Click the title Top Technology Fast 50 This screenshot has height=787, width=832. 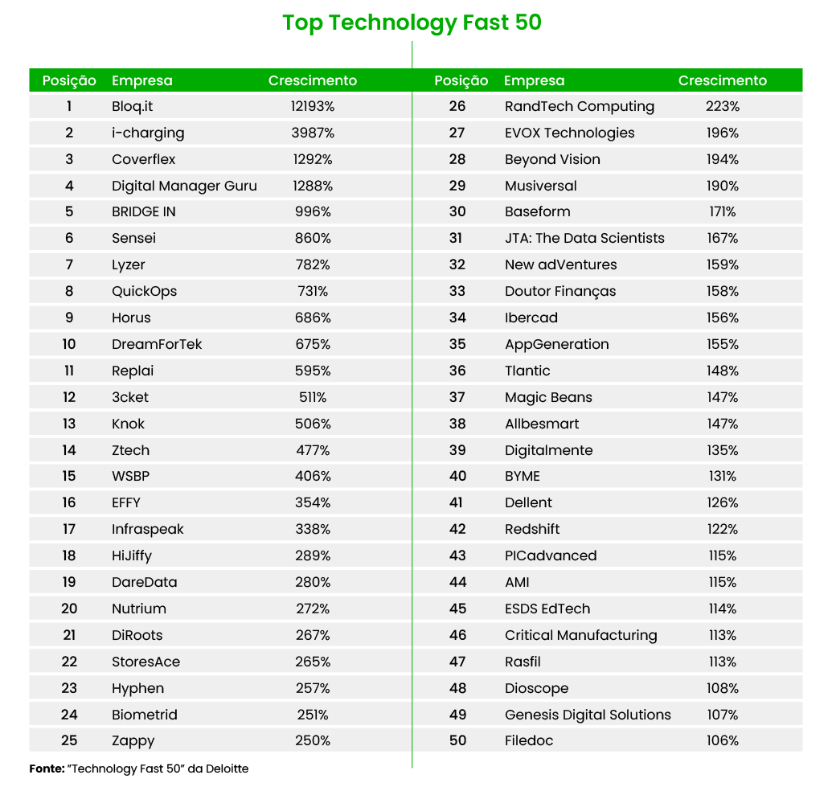pyautogui.click(x=412, y=23)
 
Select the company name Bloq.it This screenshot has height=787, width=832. pyautogui.click(x=132, y=106)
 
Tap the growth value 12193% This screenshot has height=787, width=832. pyautogui.click(x=313, y=106)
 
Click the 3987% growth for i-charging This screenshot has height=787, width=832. pyautogui.click(x=313, y=133)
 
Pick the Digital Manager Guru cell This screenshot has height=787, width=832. pyautogui.click(x=184, y=186)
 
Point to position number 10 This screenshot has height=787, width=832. pyautogui.click(x=69, y=344)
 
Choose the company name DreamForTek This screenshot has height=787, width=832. pyautogui.click(x=157, y=344)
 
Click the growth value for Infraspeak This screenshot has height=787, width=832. pyautogui.click(x=313, y=529)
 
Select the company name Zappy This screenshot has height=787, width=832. pyautogui.click(x=133, y=740)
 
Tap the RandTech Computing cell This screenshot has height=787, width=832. pyautogui.click(x=580, y=106)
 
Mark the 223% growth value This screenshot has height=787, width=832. pyautogui.click(x=723, y=106)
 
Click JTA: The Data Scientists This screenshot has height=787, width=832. pyautogui.click(x=584, y=238)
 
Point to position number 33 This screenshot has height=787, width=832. pyautogui.click(x=457, y=291)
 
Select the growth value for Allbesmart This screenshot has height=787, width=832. pyautogui.click(x=723, y=424)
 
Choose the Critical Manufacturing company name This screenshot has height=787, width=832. pyautogui.click(x=580, y=635)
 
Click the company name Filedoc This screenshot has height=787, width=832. pyautogui.click(x=529, y=740)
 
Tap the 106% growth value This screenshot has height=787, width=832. pyautogui.click(x=723, y=740)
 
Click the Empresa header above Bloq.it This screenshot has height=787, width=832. pyautogui.click(x=141, y=80)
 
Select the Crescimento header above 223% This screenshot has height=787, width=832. pyautogui.click(x=723, y=80)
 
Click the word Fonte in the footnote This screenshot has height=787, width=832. pyautogui.click(x=47, y=769)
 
